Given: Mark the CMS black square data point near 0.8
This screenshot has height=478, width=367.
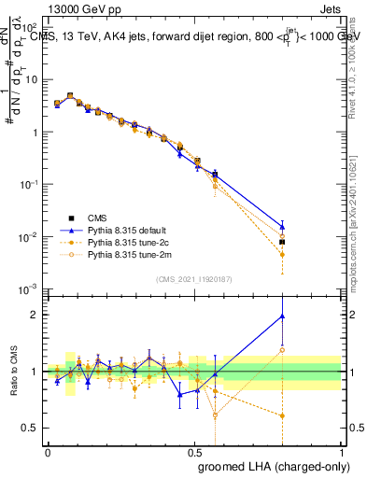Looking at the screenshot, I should pyautogui.click(x=281, y=242).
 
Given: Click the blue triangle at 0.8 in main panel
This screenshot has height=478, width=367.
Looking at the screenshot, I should pyautogui.click(x=281, y=226).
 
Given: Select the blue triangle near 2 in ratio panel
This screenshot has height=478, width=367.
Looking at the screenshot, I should pyautogui.click(x=281, y=316).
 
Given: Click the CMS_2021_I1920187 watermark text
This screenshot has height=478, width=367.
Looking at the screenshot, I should pyautogui.click(x=193, y=279).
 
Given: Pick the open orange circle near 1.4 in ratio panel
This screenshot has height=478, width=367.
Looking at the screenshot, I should pyautogui.click(x=281, y=350).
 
